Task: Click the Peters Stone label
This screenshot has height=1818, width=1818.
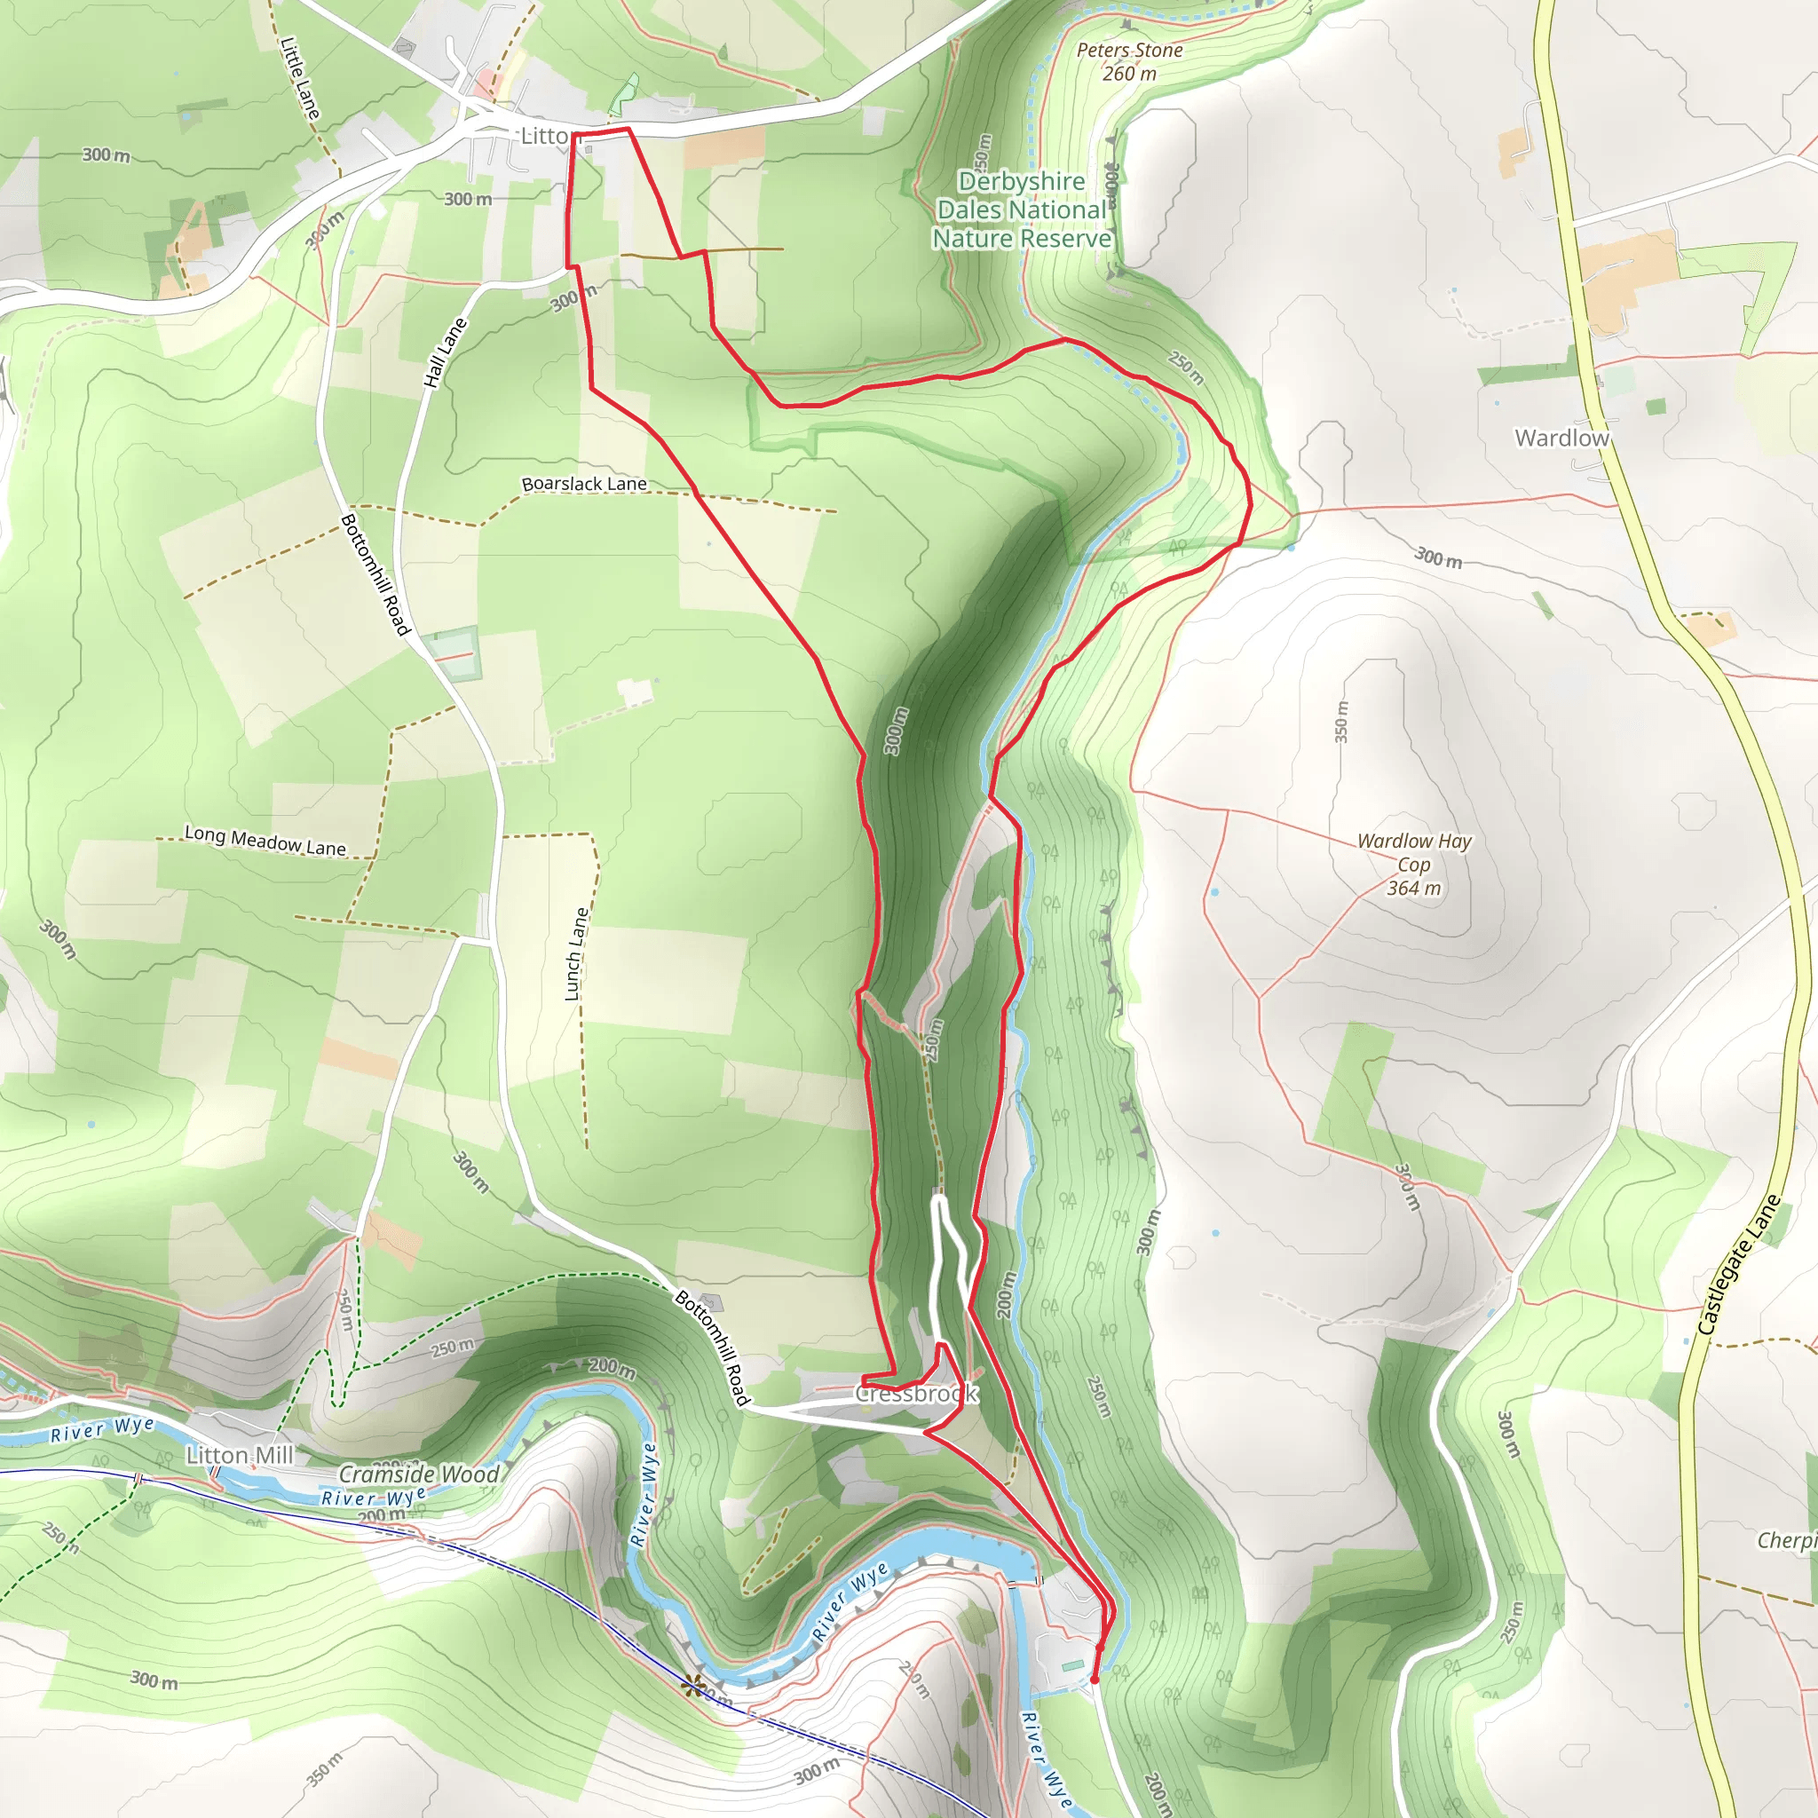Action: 1129,50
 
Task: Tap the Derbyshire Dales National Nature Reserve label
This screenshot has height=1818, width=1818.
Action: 1022,209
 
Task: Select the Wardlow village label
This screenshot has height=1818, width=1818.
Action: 1561,438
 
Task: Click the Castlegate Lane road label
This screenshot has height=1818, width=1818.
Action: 1738,1265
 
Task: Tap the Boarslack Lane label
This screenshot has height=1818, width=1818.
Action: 584,484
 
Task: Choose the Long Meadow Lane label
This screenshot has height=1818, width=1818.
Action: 265,841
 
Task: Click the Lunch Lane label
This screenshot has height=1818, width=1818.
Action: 576,953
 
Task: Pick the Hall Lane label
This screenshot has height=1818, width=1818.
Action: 445,353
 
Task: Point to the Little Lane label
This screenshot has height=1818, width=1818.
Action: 300,78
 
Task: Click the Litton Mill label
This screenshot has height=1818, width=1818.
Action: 240,1456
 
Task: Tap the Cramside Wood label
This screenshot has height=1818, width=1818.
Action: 419,1474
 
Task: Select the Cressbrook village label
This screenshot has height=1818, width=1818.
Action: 916,1394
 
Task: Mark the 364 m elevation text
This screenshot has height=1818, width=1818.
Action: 1413,889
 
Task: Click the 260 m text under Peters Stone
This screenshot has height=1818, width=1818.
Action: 1129,74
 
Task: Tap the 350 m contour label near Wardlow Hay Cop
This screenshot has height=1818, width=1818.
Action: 1342,722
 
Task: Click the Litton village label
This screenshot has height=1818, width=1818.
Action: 545,137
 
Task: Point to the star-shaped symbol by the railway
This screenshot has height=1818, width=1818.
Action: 694,1686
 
